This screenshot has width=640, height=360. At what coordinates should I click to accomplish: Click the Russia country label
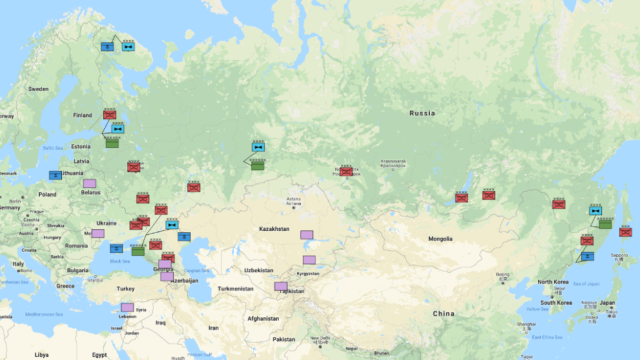422,114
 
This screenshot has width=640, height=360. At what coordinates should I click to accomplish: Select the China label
443,313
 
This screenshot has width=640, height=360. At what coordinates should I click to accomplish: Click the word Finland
82,114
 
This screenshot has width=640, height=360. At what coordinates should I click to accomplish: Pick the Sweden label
38,88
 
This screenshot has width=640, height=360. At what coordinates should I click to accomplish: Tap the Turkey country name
125,287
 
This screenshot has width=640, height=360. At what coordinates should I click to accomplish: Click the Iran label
213,328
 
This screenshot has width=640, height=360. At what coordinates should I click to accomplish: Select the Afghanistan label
263,318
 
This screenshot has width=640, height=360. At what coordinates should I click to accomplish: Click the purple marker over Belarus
89,184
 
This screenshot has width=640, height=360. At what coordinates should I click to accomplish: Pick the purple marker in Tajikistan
281,287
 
